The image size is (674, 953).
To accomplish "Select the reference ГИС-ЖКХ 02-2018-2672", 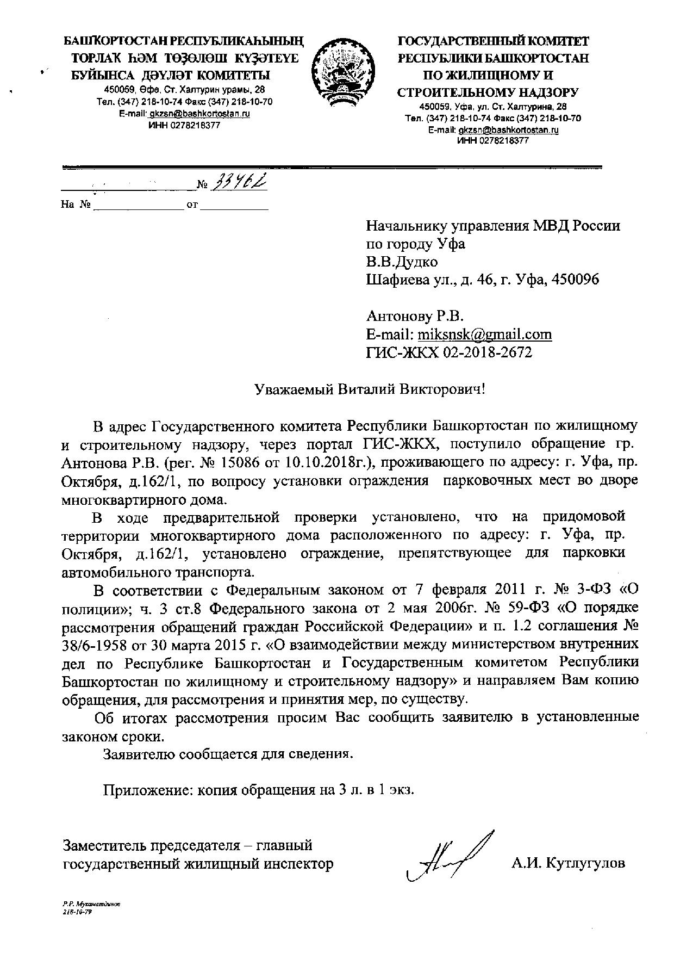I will pos(449,352).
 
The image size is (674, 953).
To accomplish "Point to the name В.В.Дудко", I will pos(402,262).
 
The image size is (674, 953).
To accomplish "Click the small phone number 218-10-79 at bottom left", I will pos(78,909).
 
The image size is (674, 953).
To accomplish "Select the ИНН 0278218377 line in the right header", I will pos(493,140).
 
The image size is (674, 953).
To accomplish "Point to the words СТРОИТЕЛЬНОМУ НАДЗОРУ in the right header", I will pos(488,92).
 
